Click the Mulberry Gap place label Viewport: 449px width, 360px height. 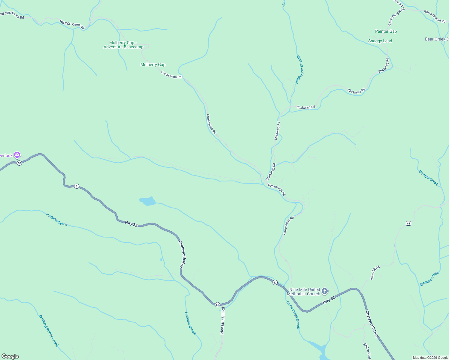[153, 64]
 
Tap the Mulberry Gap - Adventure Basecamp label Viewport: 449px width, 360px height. [123, 45]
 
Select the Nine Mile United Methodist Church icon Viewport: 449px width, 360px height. [324, 291]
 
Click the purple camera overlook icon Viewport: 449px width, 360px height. [17, 155]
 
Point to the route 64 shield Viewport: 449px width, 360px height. [408, 223]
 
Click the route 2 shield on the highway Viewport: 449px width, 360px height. [77, 186]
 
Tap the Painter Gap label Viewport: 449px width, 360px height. [386, 31]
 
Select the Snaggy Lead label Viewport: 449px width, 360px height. [380, 41]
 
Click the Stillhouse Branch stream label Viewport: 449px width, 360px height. [300, 69]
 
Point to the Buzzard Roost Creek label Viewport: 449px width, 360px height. [49, 330]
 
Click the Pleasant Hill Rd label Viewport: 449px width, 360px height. [222, 320]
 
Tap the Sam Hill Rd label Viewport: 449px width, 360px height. [375, 272]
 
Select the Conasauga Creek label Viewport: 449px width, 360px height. [293, 315]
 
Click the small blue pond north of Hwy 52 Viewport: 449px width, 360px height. [148, 201]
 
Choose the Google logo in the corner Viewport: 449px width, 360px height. [10, 356]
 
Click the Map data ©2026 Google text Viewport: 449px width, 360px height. [430, 358]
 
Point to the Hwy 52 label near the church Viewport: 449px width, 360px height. [328, 300]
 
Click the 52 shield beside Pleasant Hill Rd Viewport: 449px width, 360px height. [217, 304]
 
